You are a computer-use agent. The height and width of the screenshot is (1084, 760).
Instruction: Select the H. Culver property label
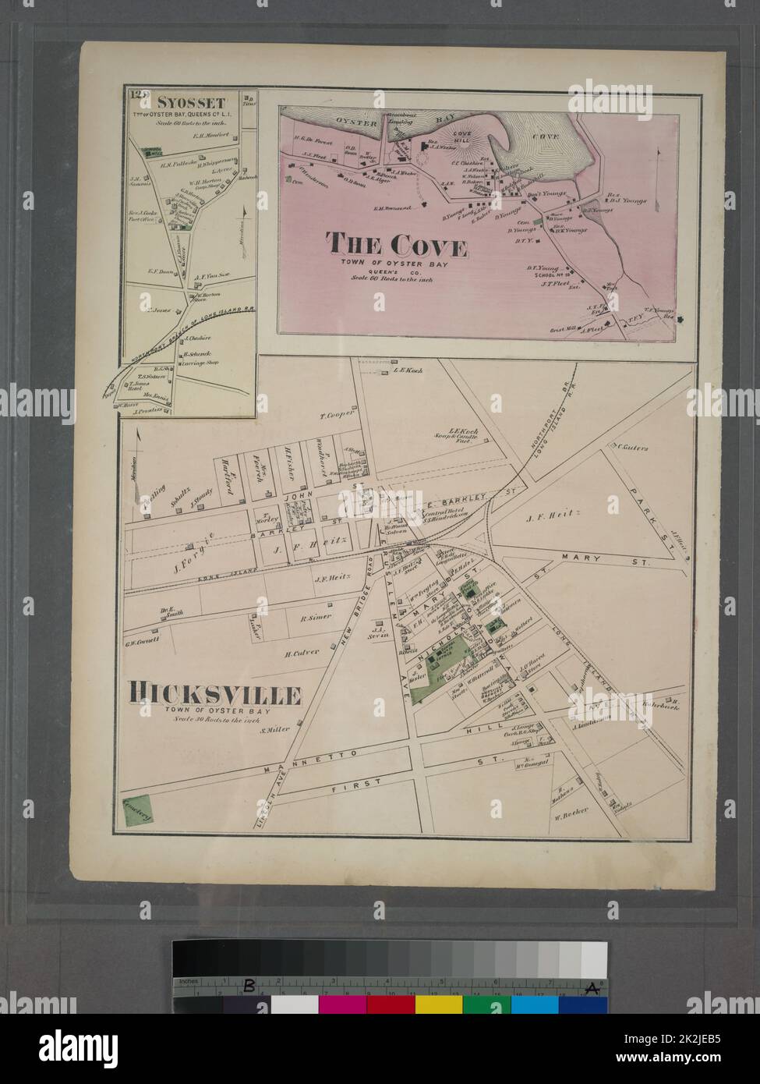302,653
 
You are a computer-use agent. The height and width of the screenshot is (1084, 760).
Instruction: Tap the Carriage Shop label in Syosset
203,363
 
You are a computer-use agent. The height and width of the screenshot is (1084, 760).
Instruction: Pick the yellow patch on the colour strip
438,1004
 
